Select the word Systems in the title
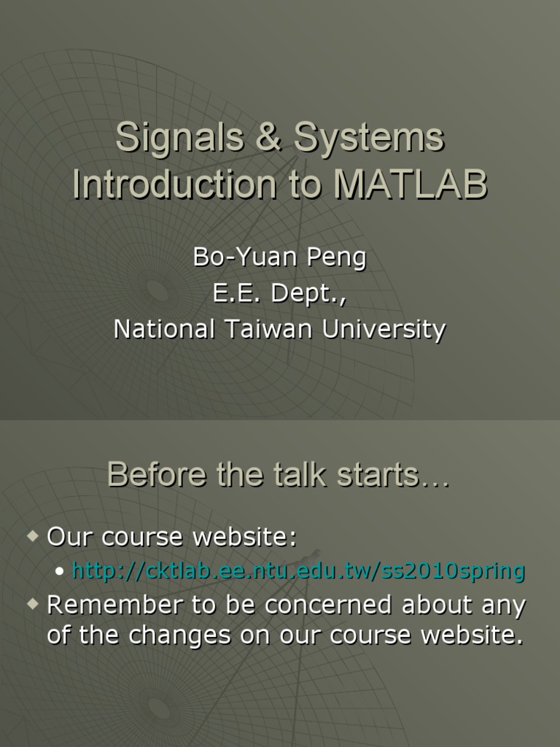tap(368, 138)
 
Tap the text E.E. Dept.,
tap(279, 293)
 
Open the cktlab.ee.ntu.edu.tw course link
tap(298, 571)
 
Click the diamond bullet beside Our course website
tap(32, 537)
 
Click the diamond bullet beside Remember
tap(32, 605)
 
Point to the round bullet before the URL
tap(60, 572)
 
